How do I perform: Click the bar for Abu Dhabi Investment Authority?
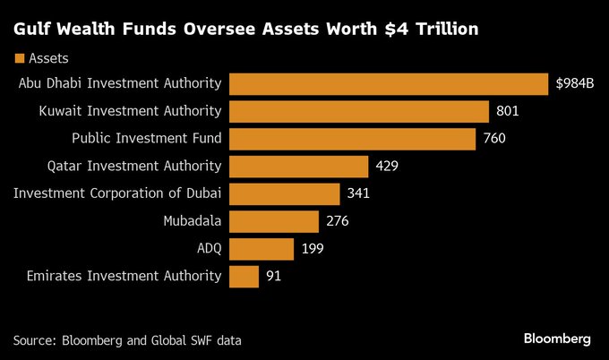(389, 84)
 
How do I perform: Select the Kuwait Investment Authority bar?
(359, 111)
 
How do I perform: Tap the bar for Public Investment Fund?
(352, 139)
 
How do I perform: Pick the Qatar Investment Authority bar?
(298, 167)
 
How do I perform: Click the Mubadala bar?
(274, 221)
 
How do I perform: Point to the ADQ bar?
(262, 249)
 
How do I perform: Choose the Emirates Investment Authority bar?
(244, 276)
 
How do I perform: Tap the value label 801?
(508, 112)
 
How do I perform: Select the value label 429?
(387, 167)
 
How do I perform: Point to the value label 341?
(359, 194)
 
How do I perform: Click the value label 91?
(274, 277)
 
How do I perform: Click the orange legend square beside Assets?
(19, 58)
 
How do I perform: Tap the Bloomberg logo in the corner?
(557, 339)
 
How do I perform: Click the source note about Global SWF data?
(127, 340)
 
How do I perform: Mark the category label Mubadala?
(191, 221)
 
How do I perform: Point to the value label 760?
(494, 140)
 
